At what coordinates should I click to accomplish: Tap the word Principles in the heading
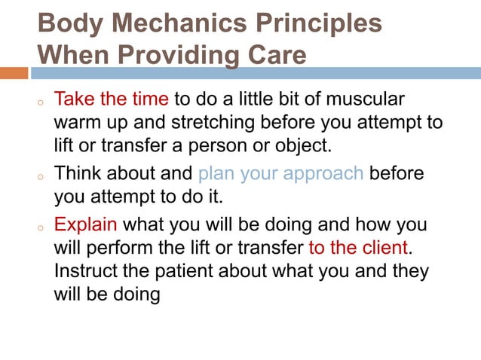tap(311, 23)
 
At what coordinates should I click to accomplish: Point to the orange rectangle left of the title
tap(14, 73)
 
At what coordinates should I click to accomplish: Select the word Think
tap(79, 174)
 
